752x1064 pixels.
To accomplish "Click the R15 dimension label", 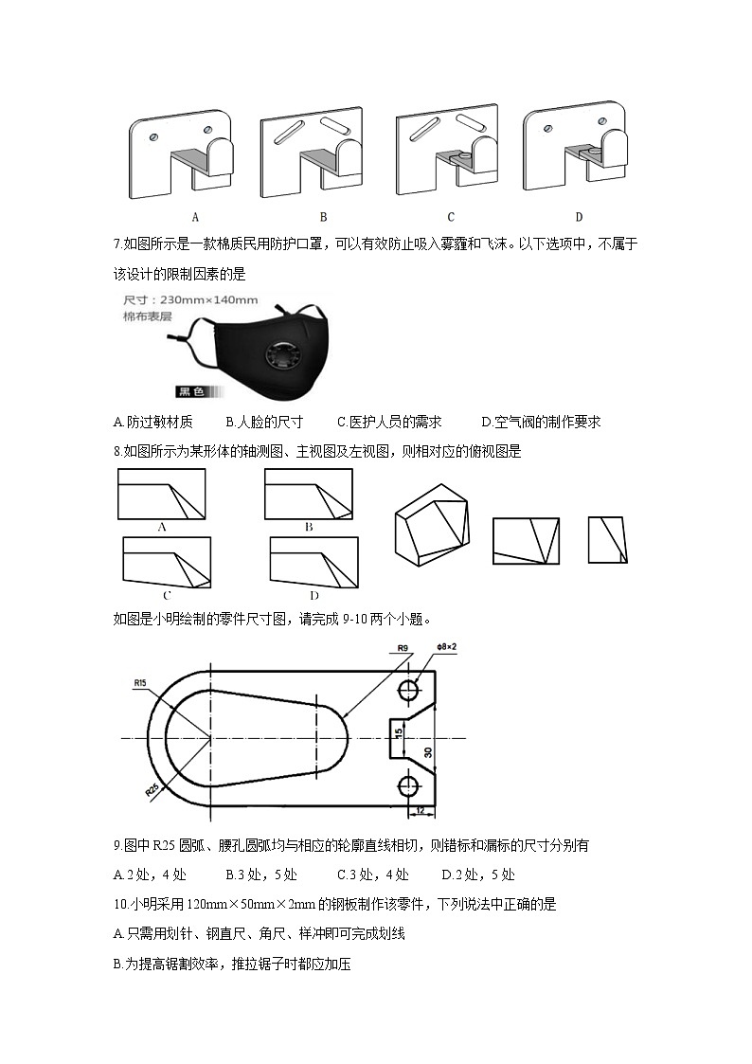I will [141, 681].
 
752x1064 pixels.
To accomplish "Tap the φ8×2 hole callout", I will [446, 647].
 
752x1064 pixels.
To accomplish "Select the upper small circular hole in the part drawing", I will [409, 690].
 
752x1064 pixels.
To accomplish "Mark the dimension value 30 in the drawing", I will [428, 753].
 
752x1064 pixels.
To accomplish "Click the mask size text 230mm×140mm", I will [204, 300].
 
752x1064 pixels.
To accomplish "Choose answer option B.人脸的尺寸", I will [264, 423].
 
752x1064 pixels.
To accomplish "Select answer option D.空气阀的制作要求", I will [541, 423].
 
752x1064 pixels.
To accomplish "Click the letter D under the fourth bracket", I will [579, 216].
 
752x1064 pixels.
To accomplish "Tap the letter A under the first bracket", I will [195, 216].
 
